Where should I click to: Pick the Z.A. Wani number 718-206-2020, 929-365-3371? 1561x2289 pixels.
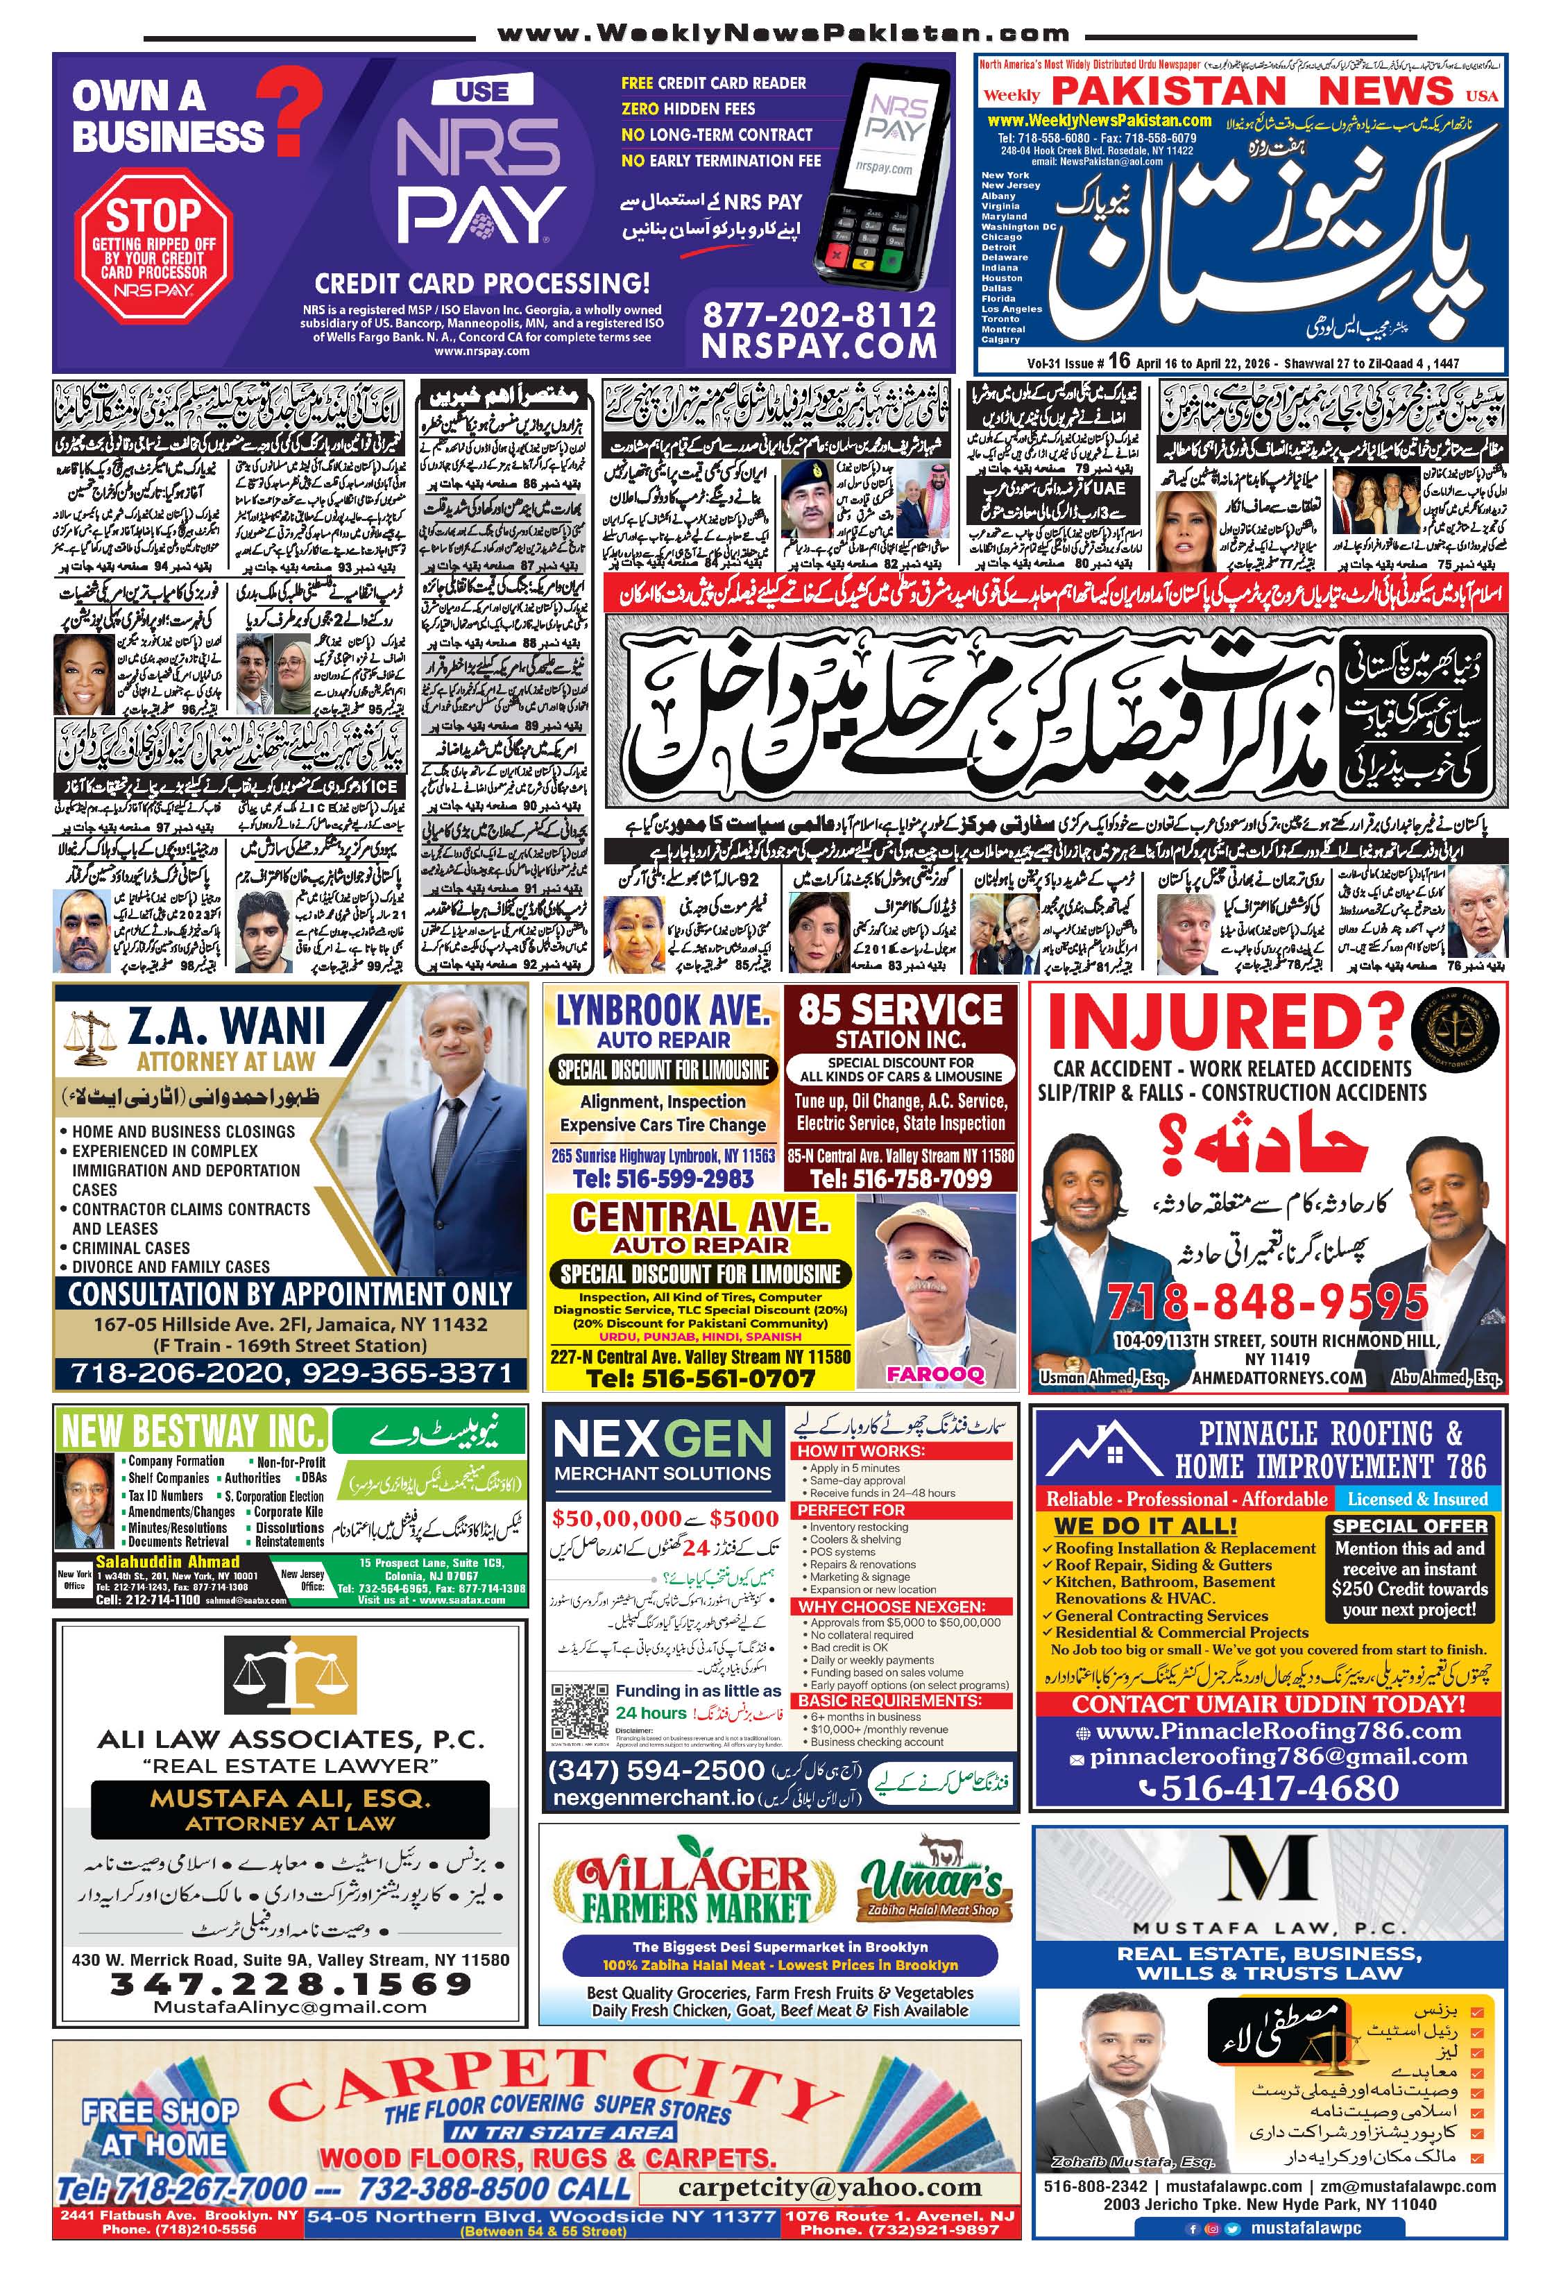tap(291, 1373)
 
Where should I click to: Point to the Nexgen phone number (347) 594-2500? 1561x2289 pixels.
tap(656, 1770)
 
